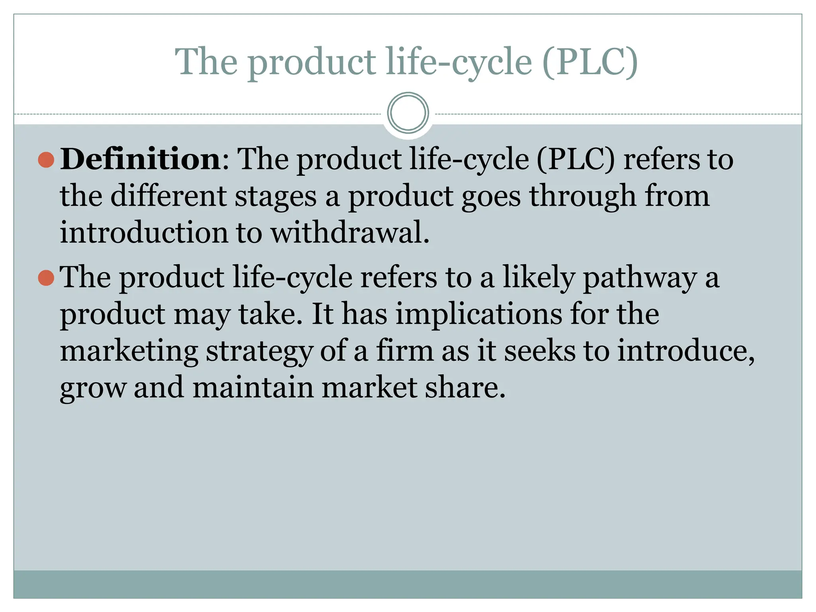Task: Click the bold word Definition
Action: (x=140, y=159)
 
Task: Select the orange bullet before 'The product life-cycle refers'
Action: (x=46, y=278)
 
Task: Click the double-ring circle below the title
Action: (x=408, y=113)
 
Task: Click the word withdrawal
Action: (x=350, y=233)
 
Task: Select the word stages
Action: (x=275, y=197)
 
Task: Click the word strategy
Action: (x=259, y=351)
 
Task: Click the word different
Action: (x=168, y=196)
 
